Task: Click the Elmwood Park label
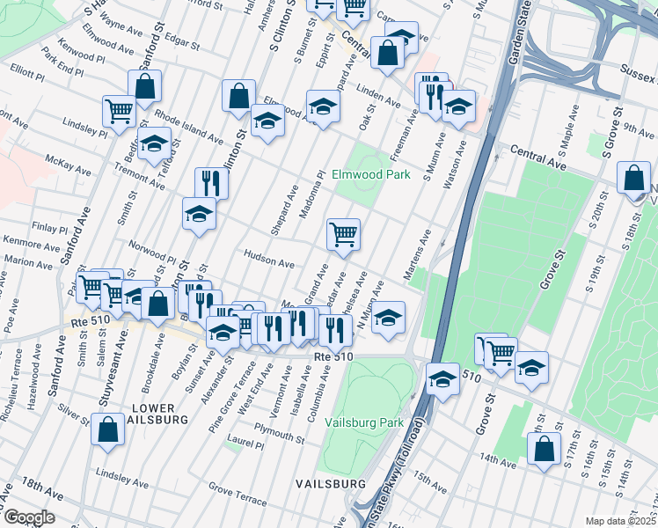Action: pyautogui.click(x=370, y=175)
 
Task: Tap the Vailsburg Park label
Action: pyautogui.click(x=364, y=422)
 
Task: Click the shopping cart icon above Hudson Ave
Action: pyautogui.click(x=343, y=234)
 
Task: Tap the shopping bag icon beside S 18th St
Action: pyautogui.click(x=633, y=178)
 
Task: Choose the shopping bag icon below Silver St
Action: pyautogui.click(x=107, y=430)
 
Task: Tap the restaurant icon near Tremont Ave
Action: pyautogui.click(x=211, y=183)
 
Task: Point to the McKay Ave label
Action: pyautogui.click(x=69, y=164)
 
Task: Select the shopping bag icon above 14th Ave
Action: pyautogui.click(x=545, y=449)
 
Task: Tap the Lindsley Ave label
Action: pyautogui.click(x=122, y=479)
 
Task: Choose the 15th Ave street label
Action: pyautogui.click(x=431, y=481)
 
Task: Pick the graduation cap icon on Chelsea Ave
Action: pyautogui.click(x=388, y=318)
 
